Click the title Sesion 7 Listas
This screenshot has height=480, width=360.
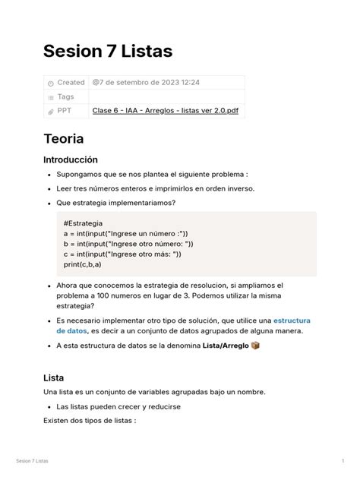pyautogui.click(x=108, y=51)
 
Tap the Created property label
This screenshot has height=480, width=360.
pyautogui.click(x=71, y=82)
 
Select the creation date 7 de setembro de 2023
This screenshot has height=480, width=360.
pyautogui.click(x=147, y=82)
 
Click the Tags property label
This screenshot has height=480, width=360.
pyautogui.click(x=66, y=96)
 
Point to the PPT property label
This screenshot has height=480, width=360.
pyautogui.click(x=65, y=111)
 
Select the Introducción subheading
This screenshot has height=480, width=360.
pyautogui.click(x=71, y=160)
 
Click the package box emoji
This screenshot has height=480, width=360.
pyautogui.click(x=255, y=346)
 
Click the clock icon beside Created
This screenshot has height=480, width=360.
pyautogui.click(x=51, y=82)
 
